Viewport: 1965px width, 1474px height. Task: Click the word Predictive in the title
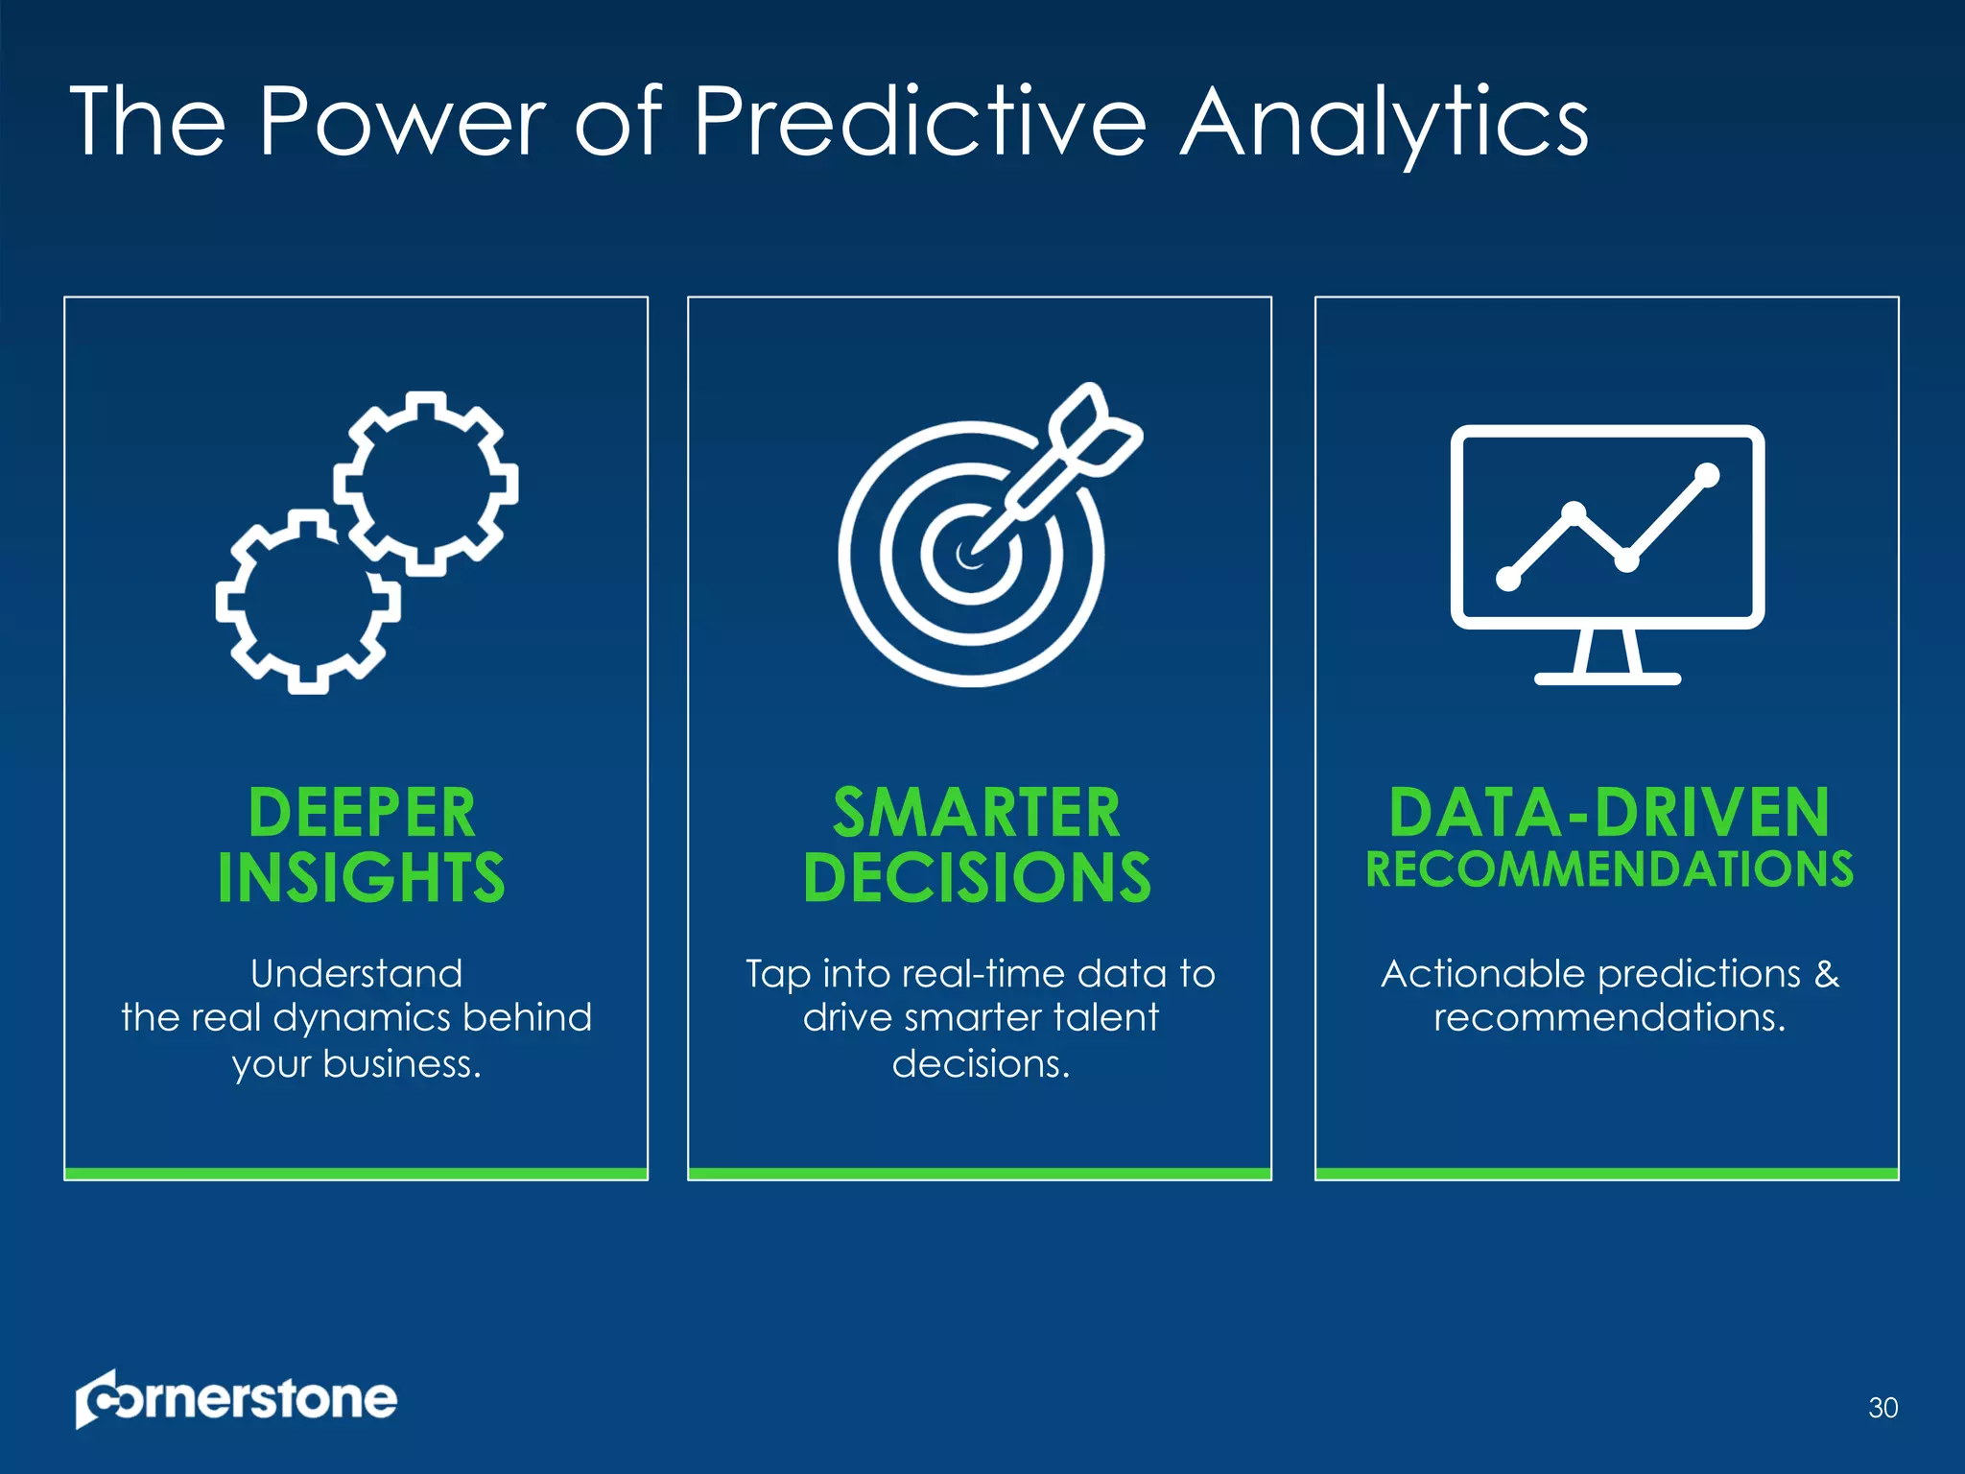point(918,123)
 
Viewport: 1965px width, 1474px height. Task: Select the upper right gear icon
point(426,483)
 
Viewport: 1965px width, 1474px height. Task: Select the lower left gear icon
point(307,602)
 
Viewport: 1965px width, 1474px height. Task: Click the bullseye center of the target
point(970,554)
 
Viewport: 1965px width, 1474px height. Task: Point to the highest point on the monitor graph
point(1707,474)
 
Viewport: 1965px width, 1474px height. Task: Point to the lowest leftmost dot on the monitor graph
point(1508,579)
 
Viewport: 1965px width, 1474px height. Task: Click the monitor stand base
point(1607,678)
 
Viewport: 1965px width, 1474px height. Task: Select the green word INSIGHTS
point(361,877)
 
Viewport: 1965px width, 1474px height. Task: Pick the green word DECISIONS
point(977,877)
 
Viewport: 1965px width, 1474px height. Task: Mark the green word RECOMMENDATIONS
point(1609,869)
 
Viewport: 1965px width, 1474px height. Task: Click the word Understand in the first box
point(356,974)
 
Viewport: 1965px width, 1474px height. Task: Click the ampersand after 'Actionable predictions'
point(1827,974)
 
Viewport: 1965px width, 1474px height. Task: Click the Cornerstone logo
point(236,1398)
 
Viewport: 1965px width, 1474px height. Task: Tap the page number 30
point(1882,1408)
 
